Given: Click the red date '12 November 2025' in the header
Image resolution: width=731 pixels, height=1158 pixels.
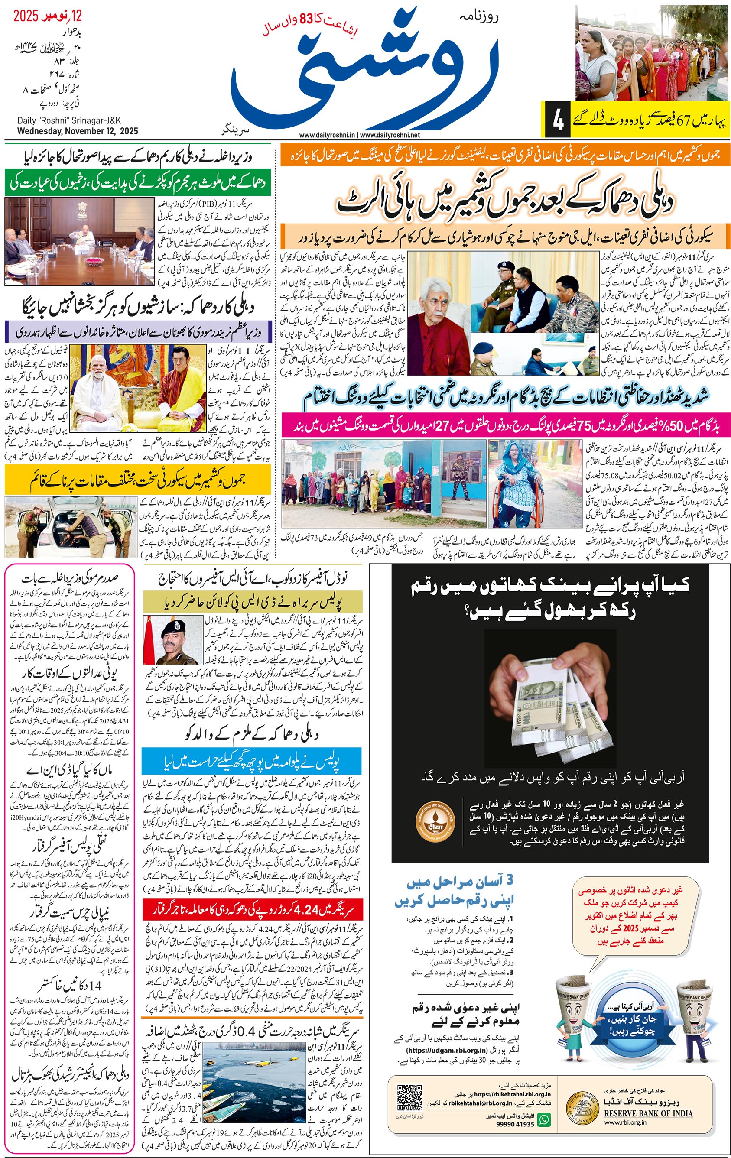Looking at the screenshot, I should pyautogui.click(x=47, y=16).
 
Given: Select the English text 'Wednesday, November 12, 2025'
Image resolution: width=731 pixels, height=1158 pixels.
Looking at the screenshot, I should pyautogui.click(x=78, y=131).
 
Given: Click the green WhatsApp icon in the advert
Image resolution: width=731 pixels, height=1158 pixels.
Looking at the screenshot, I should pyautogui.click(x=544, y=1119).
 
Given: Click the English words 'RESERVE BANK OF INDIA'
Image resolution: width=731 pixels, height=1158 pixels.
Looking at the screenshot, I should pyautogui.click(x=648, y=1113).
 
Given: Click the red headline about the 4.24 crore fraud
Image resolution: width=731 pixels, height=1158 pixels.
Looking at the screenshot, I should pyautogui.click(x=252, y=910).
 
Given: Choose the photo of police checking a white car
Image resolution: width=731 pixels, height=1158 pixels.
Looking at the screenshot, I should pyautogui.click(x=71, y=527).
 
